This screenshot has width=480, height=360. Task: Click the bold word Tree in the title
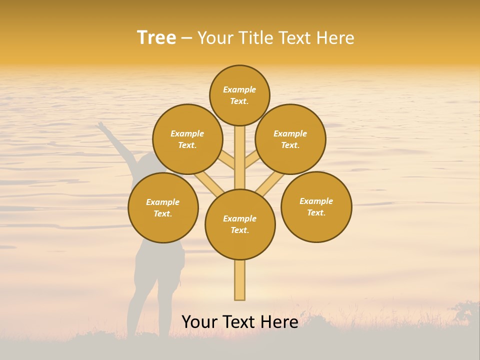(156, 37)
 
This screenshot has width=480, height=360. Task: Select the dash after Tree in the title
(186, 38)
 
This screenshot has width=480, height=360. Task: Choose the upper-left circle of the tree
(187, 139)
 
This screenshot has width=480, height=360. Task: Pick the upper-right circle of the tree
(290, 139)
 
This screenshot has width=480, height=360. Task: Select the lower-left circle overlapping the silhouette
(163, 208)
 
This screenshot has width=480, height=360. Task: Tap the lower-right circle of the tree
(316, 207)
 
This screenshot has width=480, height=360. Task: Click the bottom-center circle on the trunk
(240, 224)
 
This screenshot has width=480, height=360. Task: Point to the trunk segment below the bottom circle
(239, 280)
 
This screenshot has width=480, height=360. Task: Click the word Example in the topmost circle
(239, 89)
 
